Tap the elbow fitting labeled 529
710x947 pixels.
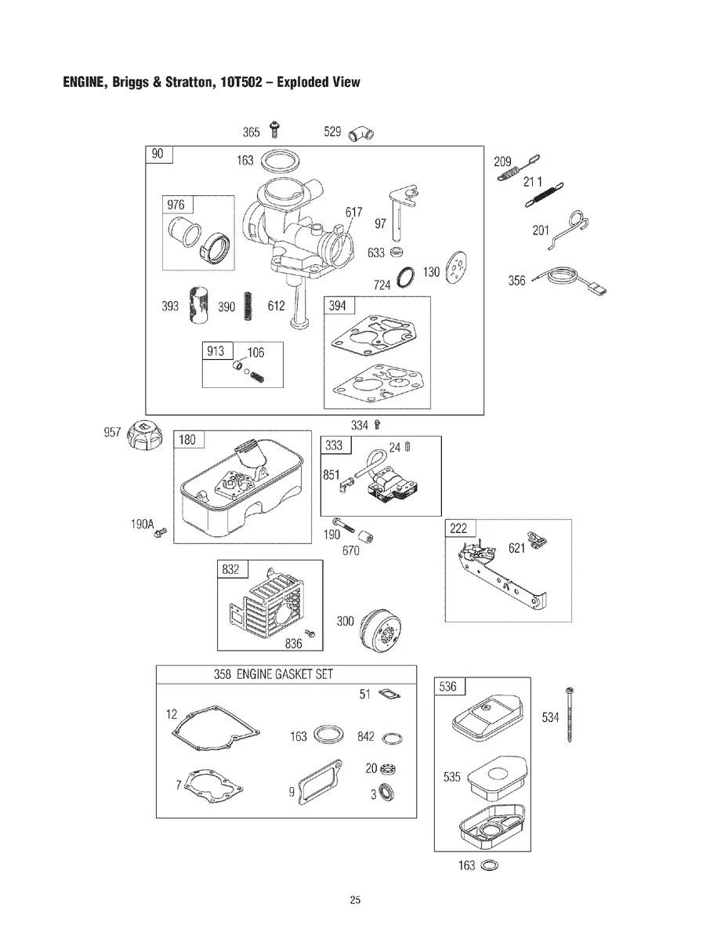(360, 134)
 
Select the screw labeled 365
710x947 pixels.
(274, 129)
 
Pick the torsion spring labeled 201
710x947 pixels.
(568, 229)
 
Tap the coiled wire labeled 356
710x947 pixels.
(569, 280)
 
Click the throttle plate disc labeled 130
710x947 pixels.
(458, 267)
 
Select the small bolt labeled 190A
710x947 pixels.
(160, 532)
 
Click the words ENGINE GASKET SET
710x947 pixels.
(284, 674)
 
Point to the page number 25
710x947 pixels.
(355, 899)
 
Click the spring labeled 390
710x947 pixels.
(248, 306)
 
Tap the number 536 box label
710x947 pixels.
(448, 686)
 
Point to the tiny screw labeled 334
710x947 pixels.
(378, 425)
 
